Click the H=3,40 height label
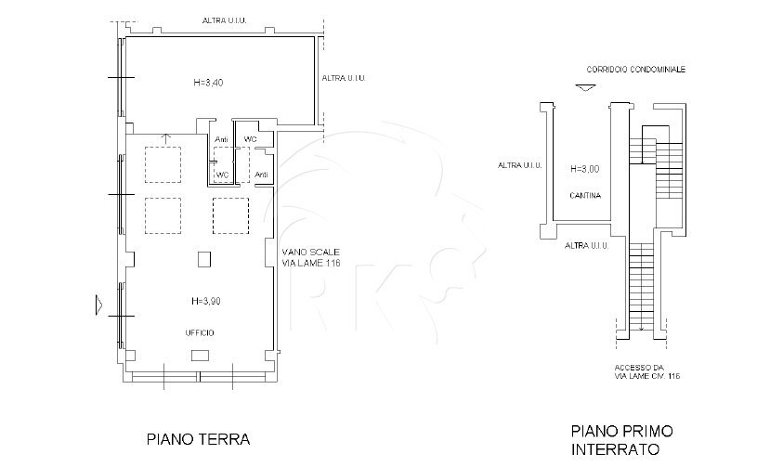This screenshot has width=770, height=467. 208,83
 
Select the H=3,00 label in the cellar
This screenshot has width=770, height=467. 584,169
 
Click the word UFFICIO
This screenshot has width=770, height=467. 199,331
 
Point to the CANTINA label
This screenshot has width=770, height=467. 585,196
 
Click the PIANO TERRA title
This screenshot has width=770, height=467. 199,437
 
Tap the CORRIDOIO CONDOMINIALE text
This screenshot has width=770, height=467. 635,69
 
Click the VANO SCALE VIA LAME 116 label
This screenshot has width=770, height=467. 311,258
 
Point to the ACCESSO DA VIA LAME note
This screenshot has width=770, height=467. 647,371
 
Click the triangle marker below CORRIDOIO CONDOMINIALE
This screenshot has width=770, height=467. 582,88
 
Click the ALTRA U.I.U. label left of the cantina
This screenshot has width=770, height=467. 519,165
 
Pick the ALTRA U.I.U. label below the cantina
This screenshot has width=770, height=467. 586,245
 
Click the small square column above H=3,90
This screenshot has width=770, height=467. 203,259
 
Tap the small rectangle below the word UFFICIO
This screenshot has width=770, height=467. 200,356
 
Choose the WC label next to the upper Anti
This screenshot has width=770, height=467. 250,139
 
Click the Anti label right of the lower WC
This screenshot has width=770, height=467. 261,174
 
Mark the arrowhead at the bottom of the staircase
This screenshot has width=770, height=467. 641,328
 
